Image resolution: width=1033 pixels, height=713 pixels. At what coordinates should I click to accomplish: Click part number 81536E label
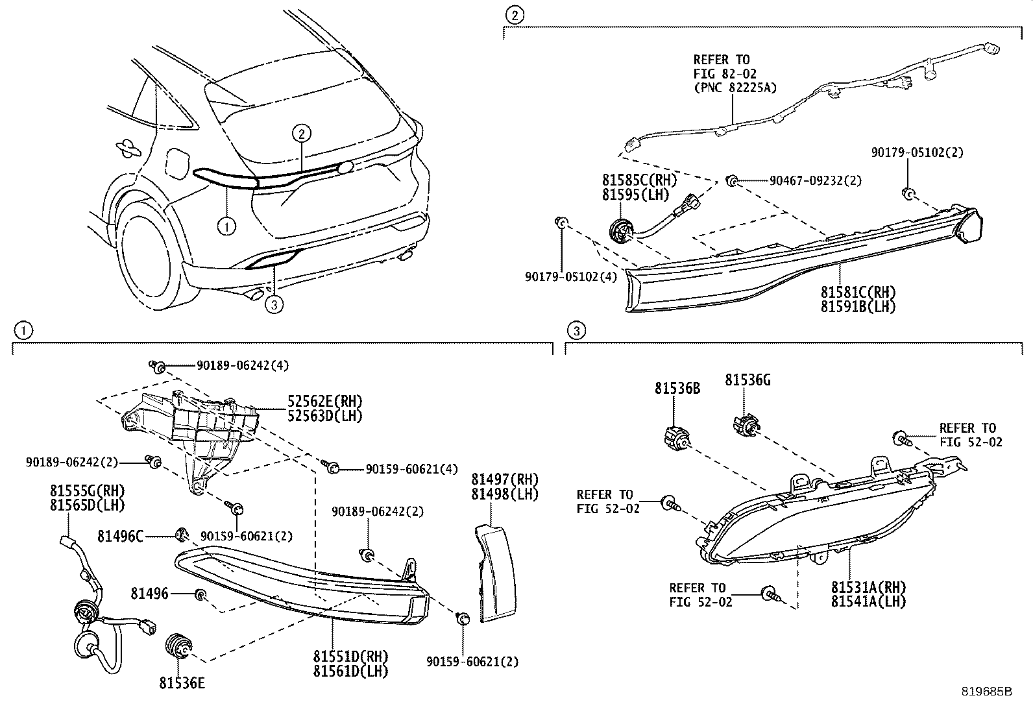(x=182, y=683)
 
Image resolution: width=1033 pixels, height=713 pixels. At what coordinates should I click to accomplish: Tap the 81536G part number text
(x=747, y=380)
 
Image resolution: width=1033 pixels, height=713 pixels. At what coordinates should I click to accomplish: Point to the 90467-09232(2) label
(x=816, y=181)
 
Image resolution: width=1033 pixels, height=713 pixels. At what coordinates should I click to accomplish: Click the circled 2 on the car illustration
(x=301, y=134)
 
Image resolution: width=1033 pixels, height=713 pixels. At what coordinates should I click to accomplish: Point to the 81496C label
(x=120, y=536)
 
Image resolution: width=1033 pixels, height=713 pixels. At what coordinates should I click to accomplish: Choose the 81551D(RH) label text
(x=350, y=657)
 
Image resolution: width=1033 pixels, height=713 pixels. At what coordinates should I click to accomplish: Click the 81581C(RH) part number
(x=858, y=292)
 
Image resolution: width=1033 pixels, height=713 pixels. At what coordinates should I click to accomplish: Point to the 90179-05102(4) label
(x=572, y=277)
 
